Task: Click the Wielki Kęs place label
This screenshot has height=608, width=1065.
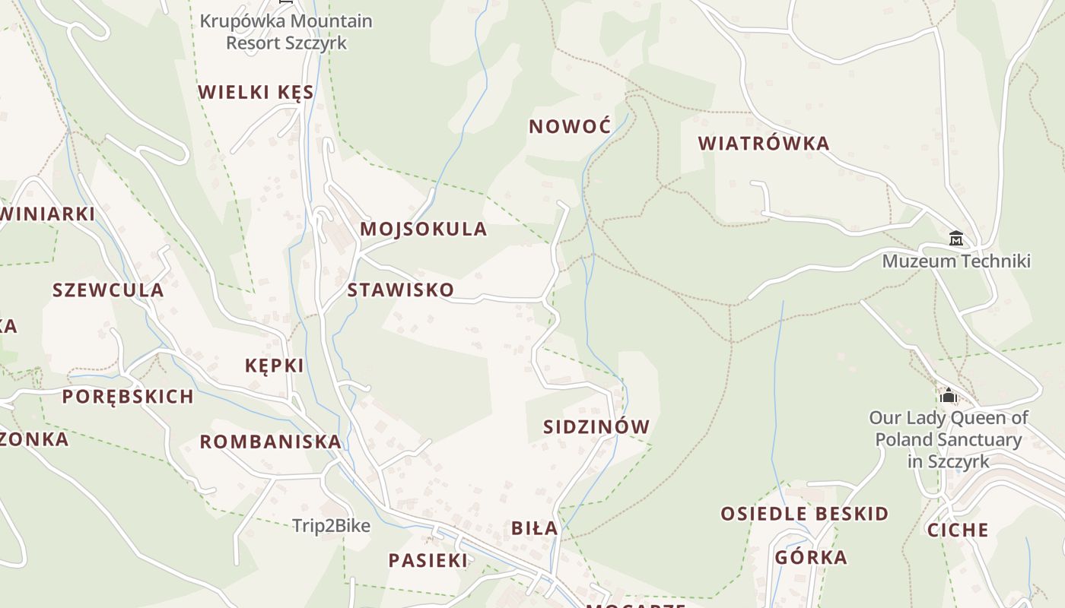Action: [x=256, y=93]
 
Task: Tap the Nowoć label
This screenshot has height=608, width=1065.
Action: [x=570, y=127]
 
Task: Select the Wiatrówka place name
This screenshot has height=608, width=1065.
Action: [x=764, y=144]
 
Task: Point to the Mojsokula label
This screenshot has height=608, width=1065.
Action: [x=423, y=230]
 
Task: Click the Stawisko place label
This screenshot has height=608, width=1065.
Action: [x=400, y=290]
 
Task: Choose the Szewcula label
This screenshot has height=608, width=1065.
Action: [x=108, y=290]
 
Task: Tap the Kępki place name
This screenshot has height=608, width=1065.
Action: [x=274, y=366]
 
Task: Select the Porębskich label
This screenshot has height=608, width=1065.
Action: [x=128, y=397]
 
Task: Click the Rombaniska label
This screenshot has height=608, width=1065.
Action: [x=270, y=442]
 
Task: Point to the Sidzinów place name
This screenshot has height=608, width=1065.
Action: [x=596, y=427]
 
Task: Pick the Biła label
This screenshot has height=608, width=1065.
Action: [x=534, y=528]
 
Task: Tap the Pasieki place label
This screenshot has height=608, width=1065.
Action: [x=428, y=561]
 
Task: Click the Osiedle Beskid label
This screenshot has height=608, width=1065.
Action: [x=805, y=514]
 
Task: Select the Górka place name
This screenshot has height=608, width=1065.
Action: [x=811, y=558]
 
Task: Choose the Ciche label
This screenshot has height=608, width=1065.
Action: [x=957, y=530]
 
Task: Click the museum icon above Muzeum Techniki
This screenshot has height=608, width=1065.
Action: [x=956, y=239]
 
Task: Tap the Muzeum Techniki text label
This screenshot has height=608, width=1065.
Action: [x=956, y=261]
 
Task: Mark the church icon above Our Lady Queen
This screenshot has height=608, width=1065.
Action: [x=948, y=395]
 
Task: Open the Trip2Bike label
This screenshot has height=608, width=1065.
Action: [x=331, y=526]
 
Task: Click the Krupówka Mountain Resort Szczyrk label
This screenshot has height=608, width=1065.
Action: [x=286, y=32]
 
